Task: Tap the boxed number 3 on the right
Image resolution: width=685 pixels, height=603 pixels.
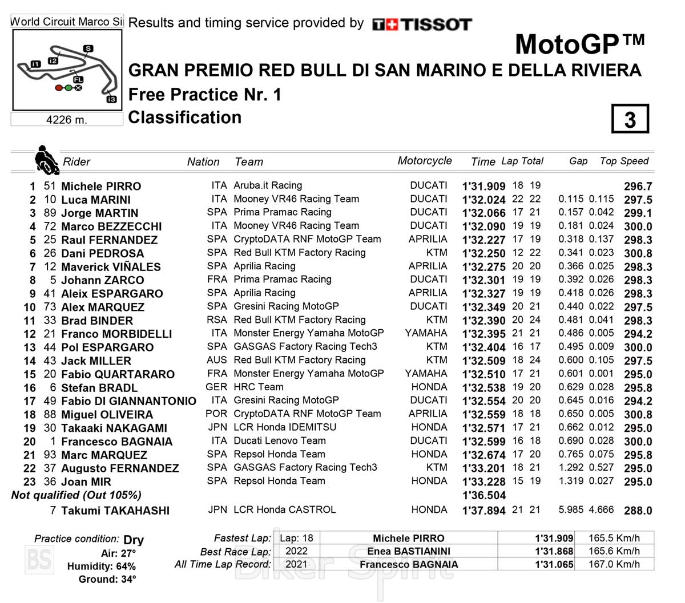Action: tap(630, 119)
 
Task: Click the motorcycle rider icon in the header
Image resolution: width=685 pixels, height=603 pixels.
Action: tap(46, 160)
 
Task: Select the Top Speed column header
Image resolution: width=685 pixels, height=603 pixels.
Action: tap(624, 161)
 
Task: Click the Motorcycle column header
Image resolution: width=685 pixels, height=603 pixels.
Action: tap(425, 161)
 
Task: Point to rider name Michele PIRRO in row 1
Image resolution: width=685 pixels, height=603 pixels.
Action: tap(101, 187)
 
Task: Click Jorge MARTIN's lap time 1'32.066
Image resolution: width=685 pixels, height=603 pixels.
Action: tap(483, 213)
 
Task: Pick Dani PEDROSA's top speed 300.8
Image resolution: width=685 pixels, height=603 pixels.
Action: tap(638, 253)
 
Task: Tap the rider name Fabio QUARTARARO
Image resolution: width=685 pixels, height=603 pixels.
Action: tap(118, 374)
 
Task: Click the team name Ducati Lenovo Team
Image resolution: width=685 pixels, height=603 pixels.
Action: tap(280, 441)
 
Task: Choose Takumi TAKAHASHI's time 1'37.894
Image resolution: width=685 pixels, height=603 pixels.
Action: tap(483, 511)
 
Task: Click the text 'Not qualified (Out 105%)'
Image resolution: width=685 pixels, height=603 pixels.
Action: tap(76, 495)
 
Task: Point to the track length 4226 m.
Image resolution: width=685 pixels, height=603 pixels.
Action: tap(67, 120)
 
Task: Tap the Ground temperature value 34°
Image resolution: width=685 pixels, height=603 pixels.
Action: tap(128, 580)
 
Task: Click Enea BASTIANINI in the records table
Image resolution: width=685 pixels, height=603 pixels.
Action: tap(408, 552)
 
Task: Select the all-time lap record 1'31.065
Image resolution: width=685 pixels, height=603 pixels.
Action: tap(554, 565)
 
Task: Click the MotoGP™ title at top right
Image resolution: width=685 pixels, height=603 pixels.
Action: tap(579, 44)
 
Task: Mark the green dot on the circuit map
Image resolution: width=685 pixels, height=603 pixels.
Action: tap(68, 88)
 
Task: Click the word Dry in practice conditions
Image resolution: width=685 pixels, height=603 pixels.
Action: tap(134, 540)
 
